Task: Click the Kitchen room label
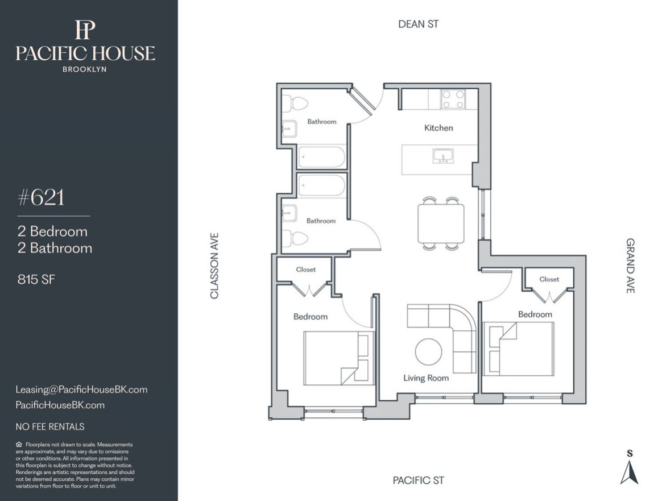coord(438,128)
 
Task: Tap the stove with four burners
coord(453,100)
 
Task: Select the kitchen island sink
coord(443,156)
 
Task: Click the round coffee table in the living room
coord(428,351)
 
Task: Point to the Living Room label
coord(425,378)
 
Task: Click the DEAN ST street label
coord(418,24)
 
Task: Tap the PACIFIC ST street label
coord(418,481)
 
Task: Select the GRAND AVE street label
coord(630,266)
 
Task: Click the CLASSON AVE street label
coord(214,266)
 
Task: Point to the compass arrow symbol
coord(629,473)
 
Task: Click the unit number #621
coord(41,197)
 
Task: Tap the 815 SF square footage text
coord(36,279)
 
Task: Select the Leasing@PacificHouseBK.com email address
coord(81,390)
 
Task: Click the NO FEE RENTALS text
coord(50,427)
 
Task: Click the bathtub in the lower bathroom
coord(321,186)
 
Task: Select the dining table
coord(441,223)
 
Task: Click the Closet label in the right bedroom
coord(549,279)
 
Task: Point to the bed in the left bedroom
coord(339,358)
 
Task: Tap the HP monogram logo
coord(85,30)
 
